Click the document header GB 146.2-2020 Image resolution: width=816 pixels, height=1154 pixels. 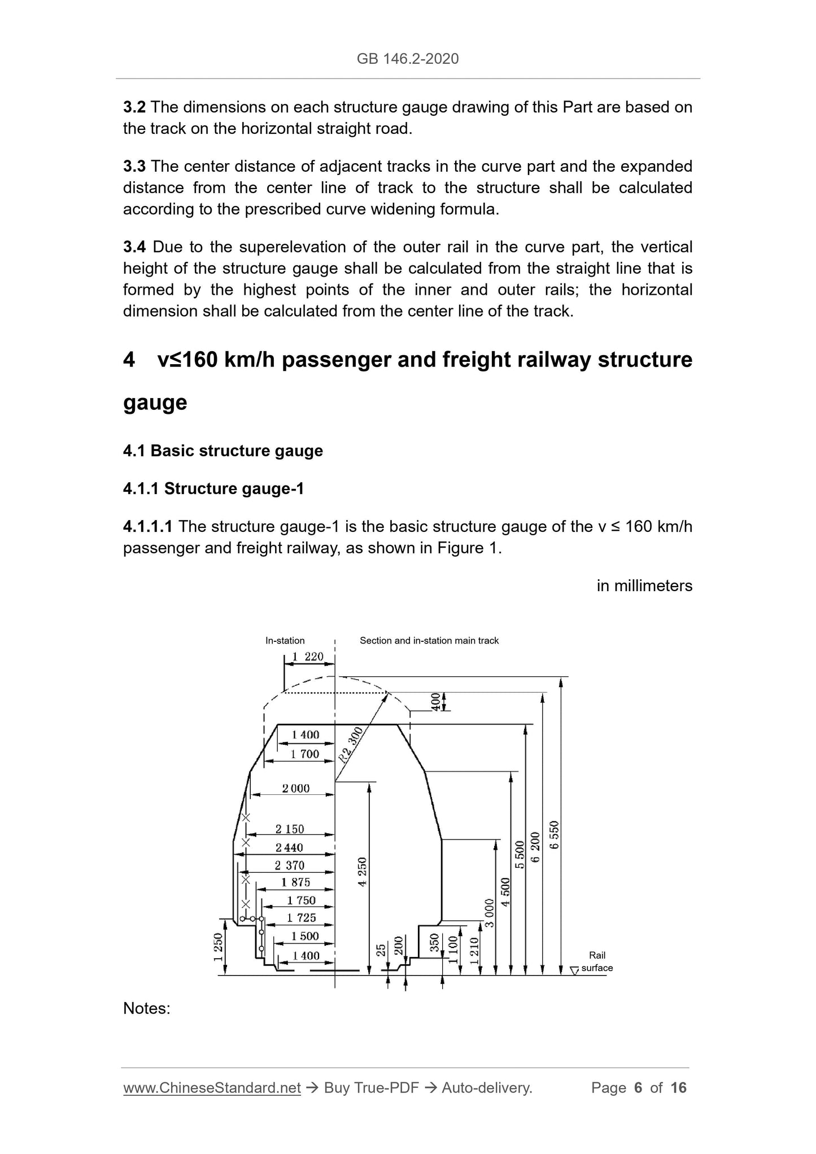point(408,59)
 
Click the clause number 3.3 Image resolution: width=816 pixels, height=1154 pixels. point(134,167)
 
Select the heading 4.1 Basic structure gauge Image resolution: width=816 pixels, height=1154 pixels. point(222,451)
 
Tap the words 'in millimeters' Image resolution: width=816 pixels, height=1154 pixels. point(644,586)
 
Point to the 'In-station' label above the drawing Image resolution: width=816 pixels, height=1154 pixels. point(285,640)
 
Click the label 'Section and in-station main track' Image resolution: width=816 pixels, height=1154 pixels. point(429,640)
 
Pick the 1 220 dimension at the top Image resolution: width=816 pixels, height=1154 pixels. point(308,657)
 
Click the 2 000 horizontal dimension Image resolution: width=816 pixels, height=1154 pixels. point(296,788)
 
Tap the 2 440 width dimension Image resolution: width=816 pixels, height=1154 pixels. point(289,847)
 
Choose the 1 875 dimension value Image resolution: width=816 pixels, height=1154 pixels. point(296,882)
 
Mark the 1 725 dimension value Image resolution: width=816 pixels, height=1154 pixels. point(302,918)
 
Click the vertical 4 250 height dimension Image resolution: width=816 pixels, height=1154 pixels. point(363,872)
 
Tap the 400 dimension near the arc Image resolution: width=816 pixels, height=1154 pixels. point(435,702)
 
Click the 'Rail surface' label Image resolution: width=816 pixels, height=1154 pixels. point(597,961)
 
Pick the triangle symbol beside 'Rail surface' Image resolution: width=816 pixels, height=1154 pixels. point(574,971)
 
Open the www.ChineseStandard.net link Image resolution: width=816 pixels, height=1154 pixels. point(211,1088)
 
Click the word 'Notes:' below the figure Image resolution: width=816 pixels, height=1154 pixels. point(147,1008)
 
